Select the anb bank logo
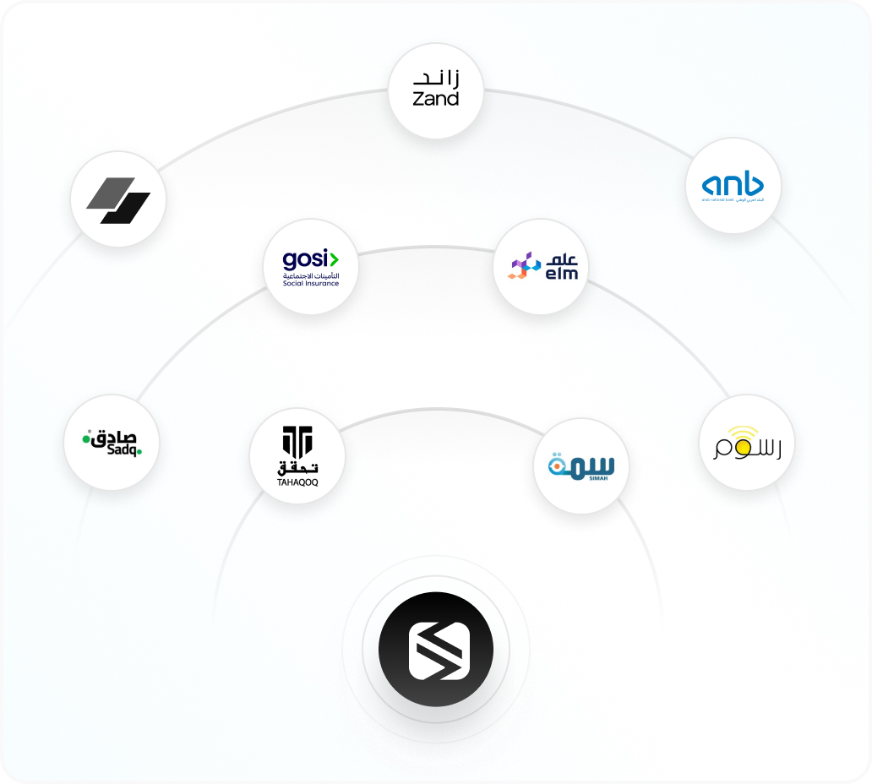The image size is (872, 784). click(733, 187)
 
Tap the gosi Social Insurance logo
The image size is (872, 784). click(311, 267)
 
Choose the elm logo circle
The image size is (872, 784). click(541, 267)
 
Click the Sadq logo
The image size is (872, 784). click(112, 442)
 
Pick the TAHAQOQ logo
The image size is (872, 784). click(297, 457)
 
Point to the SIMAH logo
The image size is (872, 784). click(581, 466)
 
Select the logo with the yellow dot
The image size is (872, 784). click(747, 443)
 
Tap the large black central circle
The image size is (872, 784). click(436, 650)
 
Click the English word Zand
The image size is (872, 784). click(435, 99)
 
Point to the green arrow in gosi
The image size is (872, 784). click(333, 259)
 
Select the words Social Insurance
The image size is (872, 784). click(311, 283)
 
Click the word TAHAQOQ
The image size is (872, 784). click(297, 483)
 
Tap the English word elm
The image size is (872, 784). click(561, 273)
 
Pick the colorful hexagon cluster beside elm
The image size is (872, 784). click(523, 265)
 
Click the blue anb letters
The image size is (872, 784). click(733, 183)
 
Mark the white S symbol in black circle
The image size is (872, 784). click(436, 650)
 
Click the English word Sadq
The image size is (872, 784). click(121, 450)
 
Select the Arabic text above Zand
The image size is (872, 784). click(436, 79)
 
